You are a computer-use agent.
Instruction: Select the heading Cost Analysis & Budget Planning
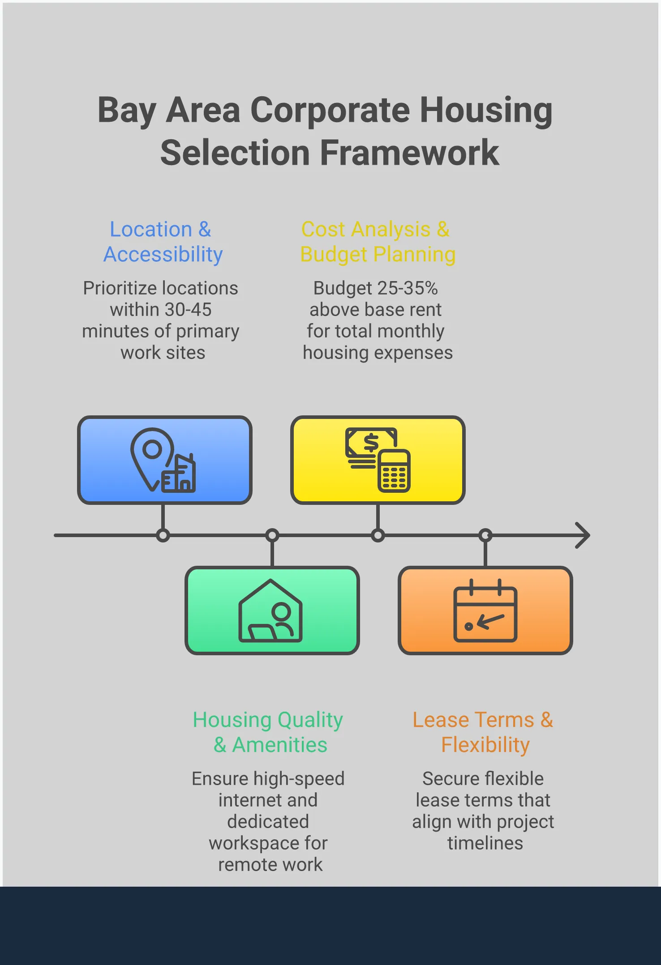coord(378,242)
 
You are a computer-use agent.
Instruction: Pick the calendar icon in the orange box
coord(485,611)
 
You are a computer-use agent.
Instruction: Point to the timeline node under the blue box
coord(163,535)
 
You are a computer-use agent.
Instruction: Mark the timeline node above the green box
coord(272,535)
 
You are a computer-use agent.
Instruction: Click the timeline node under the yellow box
coord(378,535)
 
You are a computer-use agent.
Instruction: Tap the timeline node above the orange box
coord(485,535)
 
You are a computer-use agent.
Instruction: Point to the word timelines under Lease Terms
coord(485,843)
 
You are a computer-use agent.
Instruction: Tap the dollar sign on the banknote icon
coord(371,443)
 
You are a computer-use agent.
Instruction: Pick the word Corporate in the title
coord(330,110)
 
